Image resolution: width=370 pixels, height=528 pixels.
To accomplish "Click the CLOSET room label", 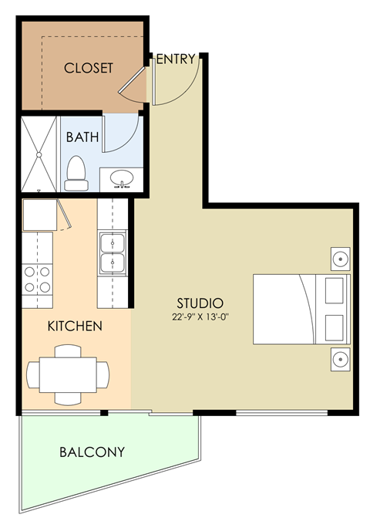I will (88, 68).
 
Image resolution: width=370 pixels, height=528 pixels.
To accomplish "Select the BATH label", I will (82, 137).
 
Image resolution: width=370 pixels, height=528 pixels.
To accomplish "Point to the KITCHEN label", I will (75, 326).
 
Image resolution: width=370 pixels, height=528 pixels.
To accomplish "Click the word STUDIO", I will (200, 303).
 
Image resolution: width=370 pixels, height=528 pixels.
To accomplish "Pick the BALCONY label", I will (92, 452).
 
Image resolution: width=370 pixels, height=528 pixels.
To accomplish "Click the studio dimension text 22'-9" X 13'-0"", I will (200, 316).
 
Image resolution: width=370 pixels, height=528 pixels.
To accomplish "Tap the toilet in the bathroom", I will (76, 173).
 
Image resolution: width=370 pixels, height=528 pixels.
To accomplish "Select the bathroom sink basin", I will (123, 180).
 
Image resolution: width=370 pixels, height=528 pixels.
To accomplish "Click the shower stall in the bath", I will (39, 153).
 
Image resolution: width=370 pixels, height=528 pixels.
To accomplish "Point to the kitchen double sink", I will (113, 255).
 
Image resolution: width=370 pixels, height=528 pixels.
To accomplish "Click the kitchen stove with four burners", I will (37, 279).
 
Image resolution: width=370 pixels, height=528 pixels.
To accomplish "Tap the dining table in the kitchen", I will (64, 374).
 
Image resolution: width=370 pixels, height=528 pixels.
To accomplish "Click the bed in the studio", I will (301, 309).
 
